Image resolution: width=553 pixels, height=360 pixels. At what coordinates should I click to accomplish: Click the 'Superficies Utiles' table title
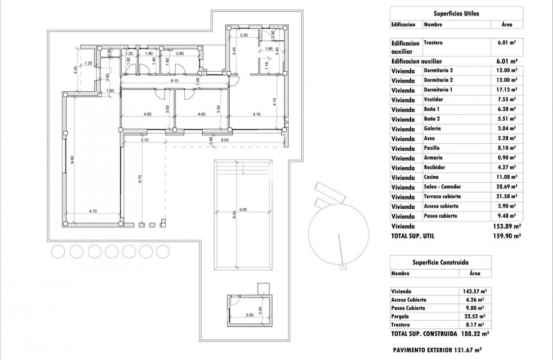457,13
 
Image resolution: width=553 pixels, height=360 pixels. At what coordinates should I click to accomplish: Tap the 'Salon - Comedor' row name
442,186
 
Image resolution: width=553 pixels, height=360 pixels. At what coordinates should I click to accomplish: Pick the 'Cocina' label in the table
431,177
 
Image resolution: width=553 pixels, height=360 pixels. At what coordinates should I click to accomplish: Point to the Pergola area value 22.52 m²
475,316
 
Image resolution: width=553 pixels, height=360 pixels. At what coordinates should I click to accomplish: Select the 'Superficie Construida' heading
440,262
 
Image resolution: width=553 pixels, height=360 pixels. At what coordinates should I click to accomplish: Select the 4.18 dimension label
256,114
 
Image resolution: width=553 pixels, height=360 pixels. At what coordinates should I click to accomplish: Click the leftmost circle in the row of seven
58,251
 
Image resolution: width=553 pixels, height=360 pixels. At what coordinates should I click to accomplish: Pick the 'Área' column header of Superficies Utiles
507,24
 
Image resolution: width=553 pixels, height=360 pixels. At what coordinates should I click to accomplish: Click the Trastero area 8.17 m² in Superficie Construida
475,325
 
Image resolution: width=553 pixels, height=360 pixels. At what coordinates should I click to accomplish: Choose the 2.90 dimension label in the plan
180,54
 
